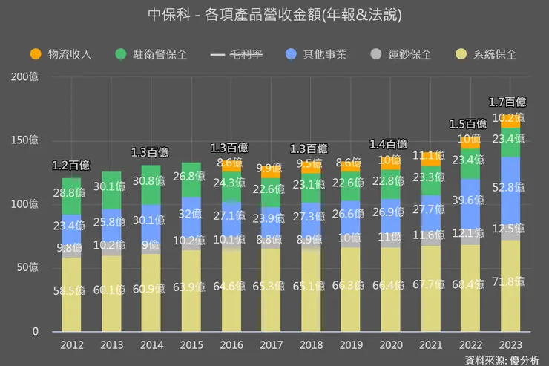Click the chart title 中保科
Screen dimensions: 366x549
click(x=274, y=15)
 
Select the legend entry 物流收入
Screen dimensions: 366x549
click(x=59, y=54)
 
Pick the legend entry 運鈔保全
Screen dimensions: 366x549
click(x=400, y=54)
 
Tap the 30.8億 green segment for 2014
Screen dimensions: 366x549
click(x=151, y=180)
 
